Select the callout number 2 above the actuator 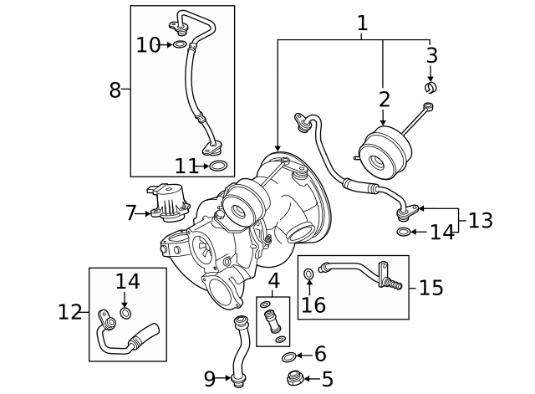[x=384, y=100]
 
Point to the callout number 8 [x=115, y=90]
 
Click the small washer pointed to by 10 [x=180, y=44]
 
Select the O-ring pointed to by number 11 [x=218, y=166]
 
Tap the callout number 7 [x=130, y=213]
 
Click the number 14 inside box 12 [x=128, y=281]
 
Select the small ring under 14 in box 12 [x=125, y=314]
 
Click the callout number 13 [x=480, y=221]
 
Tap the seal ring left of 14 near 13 [x=403, y=232]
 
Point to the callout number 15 [x=431, y=288]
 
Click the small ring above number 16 [x=310, y=274]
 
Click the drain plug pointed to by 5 [x=293, y=378]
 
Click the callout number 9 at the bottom [x=210, y=377]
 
